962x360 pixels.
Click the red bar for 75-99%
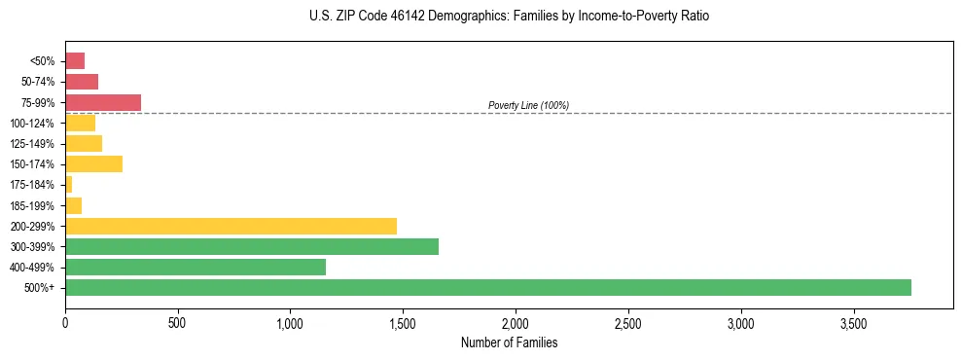[103, 102]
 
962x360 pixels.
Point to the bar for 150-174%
[93, 163]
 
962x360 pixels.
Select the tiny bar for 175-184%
[69, 184]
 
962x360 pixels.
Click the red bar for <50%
[75, 61]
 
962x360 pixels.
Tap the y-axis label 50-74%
[38, 82]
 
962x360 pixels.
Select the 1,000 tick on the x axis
[290, 322]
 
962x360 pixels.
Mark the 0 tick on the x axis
[65, 322]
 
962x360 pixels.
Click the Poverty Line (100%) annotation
[528, 105]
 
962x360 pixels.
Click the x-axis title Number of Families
[509, 342]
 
